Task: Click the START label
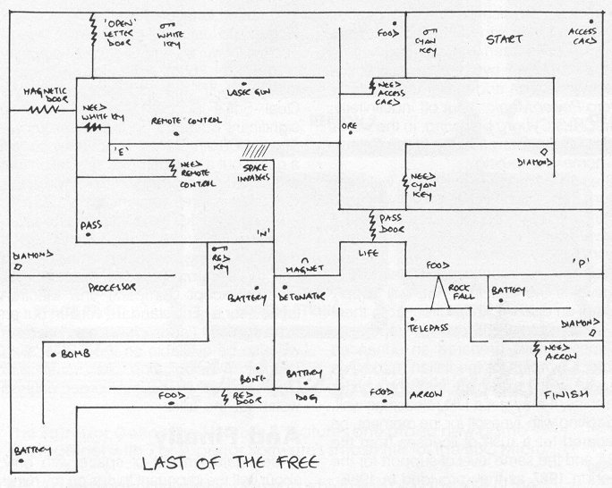pos(504,39)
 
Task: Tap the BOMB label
pos(75,354)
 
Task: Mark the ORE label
pos(348,126)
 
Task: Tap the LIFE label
pos(369,254)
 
